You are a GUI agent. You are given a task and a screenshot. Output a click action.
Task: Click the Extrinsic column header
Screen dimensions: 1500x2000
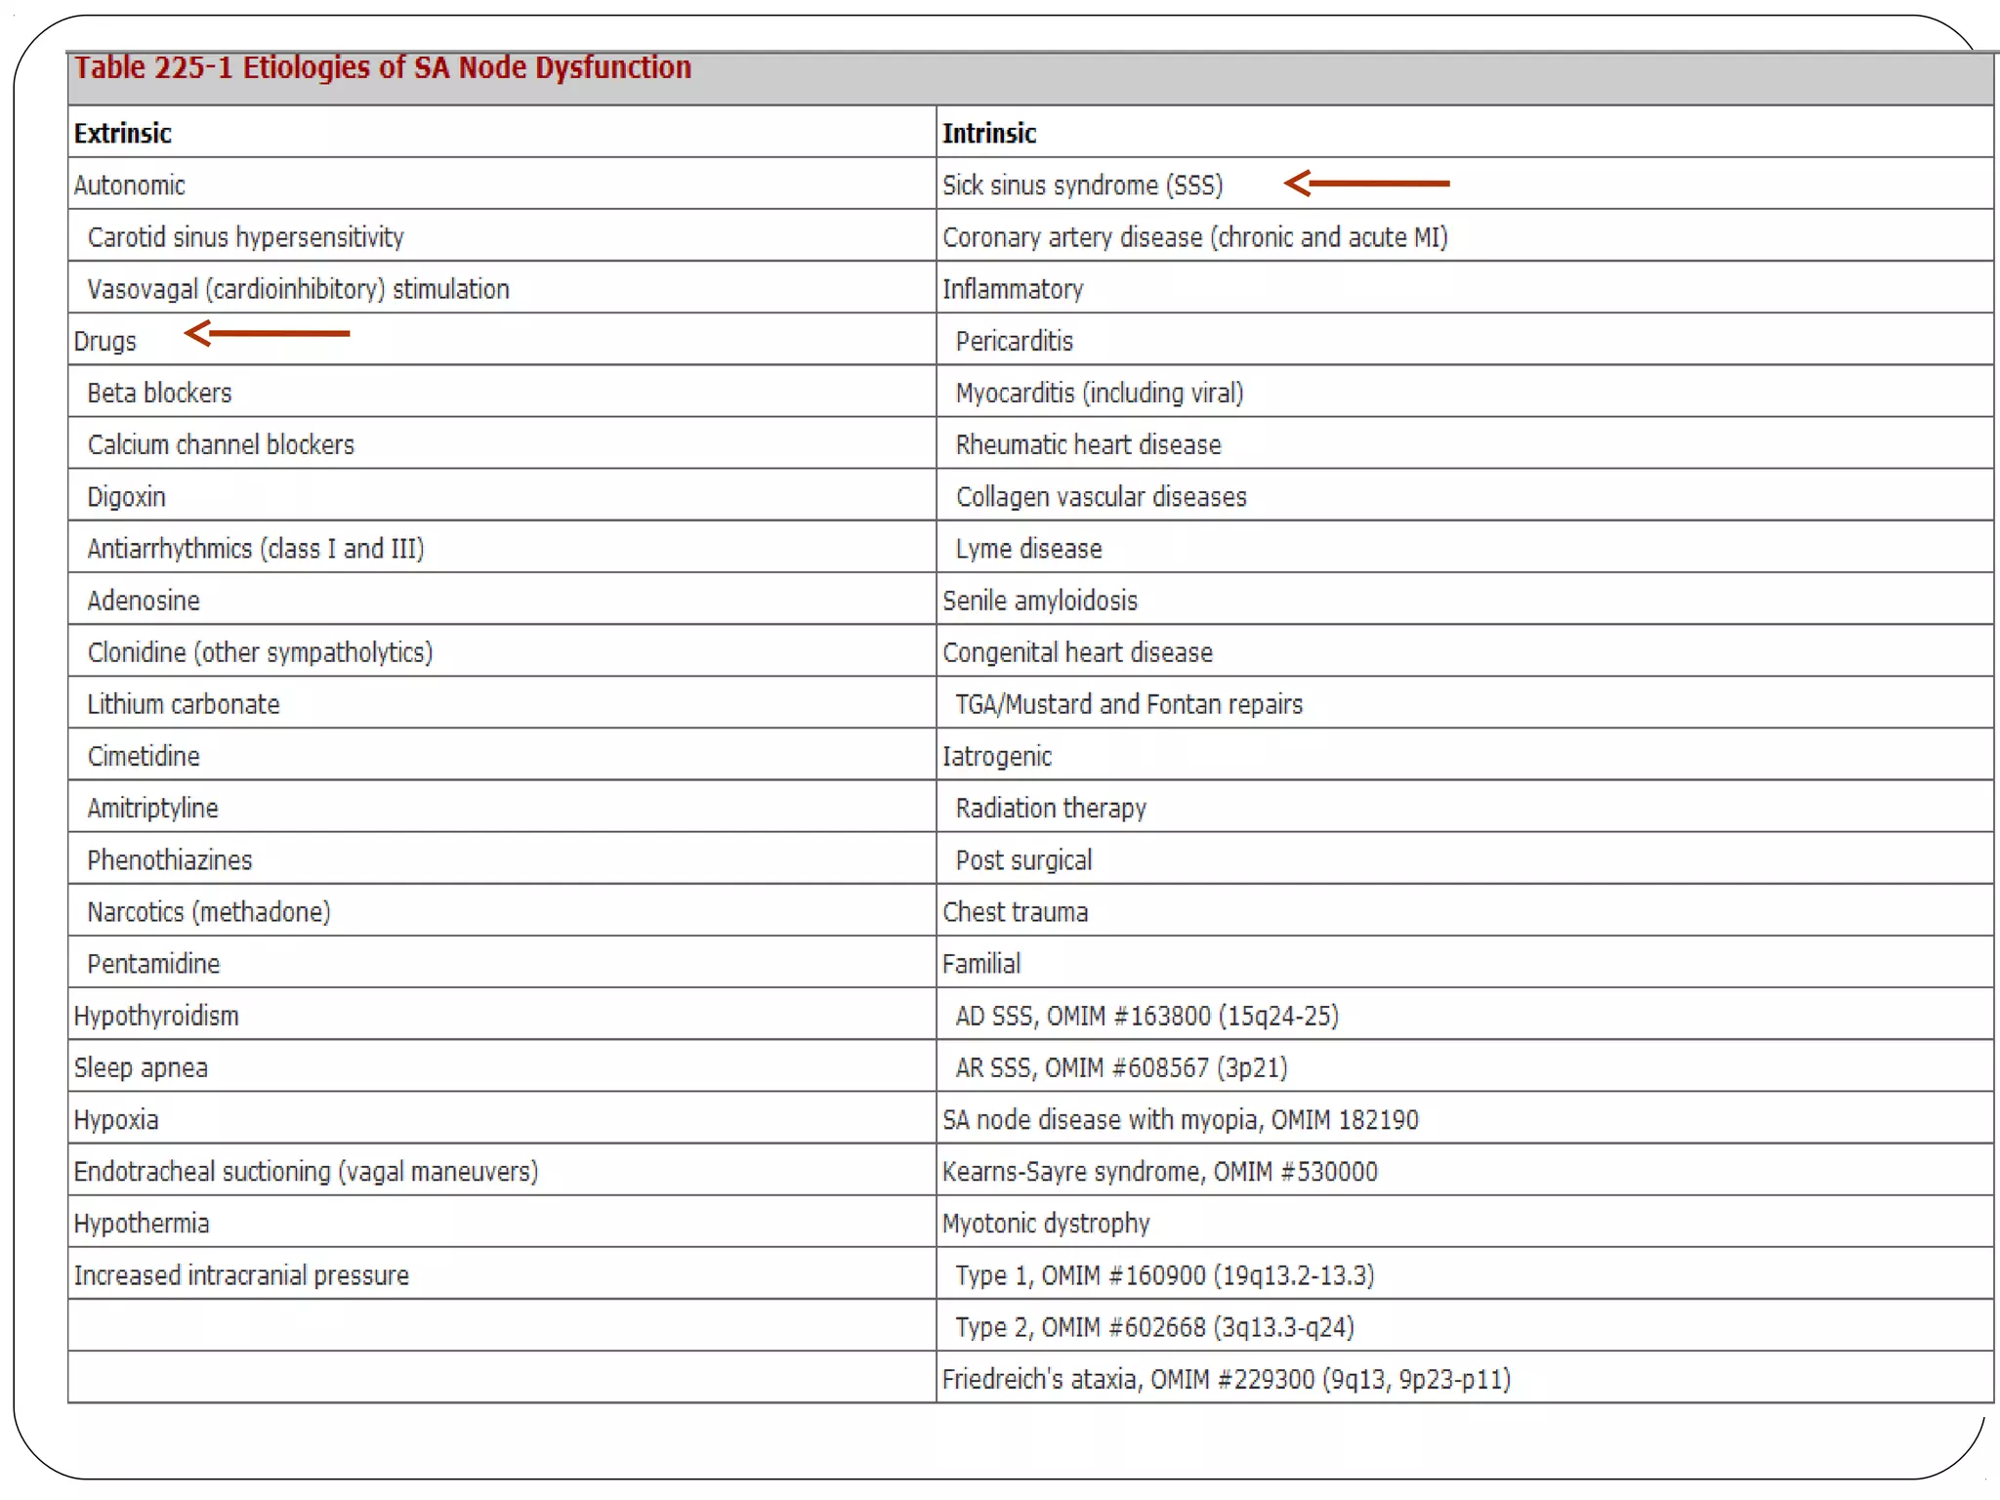[123, 133]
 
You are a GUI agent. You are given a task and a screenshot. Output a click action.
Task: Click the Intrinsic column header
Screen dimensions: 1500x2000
[988, 133]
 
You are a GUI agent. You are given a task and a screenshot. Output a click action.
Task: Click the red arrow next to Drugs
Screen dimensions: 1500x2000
[267, 333]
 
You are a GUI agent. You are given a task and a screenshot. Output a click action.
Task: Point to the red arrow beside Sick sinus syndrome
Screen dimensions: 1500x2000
[1366, 183]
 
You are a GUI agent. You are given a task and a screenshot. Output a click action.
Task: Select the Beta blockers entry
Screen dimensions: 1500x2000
[159, 393]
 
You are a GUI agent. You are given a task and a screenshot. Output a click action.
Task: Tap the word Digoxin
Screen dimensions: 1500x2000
[126, 497]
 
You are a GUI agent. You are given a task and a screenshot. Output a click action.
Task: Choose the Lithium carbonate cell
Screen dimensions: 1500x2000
[184, 704]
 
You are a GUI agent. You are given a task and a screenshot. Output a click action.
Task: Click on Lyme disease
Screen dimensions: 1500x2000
[1028, 549]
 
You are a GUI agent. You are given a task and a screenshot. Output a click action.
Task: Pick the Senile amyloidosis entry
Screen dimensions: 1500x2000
[1039, 601]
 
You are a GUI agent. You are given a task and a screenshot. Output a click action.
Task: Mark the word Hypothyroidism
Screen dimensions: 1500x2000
[156, 1016]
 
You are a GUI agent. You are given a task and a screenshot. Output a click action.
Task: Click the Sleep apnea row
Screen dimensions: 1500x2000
[141, 1067]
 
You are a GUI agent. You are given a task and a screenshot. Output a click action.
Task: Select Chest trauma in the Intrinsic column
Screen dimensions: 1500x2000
[1015, 912]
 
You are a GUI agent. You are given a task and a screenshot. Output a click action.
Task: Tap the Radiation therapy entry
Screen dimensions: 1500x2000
[1051, 809]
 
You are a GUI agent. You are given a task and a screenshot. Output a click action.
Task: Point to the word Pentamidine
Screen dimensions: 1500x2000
[153, 964]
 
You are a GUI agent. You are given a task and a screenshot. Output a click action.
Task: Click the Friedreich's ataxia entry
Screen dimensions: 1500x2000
[1226, 1379]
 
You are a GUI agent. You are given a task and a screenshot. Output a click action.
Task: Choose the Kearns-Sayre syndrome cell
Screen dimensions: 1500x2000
[1159, 1171]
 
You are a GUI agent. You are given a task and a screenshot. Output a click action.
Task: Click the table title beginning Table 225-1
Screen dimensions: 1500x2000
[383, 67]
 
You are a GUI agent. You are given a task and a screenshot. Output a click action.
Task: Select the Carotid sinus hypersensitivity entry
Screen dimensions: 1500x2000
[245, 237]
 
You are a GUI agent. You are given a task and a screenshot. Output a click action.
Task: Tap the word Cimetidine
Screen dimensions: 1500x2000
[144, 756]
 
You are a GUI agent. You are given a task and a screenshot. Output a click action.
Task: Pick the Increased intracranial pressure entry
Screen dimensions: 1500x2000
[241, 1275]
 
